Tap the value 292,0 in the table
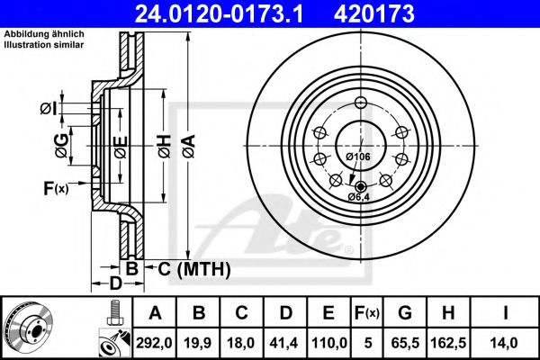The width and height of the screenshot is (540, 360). [x=155, y=341]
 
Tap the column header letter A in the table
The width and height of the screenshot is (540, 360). [x=155, y=313]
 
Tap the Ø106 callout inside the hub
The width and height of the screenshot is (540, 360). [x=358, y=157]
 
